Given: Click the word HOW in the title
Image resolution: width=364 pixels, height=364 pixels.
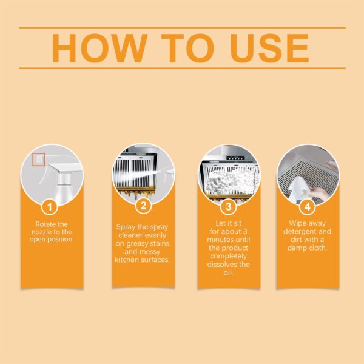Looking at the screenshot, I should (x=97, y=48).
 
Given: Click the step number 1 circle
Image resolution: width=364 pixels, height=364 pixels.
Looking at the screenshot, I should (x=52, y=206).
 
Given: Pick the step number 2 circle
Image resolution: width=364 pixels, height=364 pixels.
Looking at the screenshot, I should (x=143, y=206).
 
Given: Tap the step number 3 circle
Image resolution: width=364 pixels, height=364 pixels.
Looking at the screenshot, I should (x=228, y=206).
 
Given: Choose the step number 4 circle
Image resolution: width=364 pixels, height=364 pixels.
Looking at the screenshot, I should (x=308, y=206).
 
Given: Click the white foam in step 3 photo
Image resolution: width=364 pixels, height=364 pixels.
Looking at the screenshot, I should (x=229, y=176).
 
